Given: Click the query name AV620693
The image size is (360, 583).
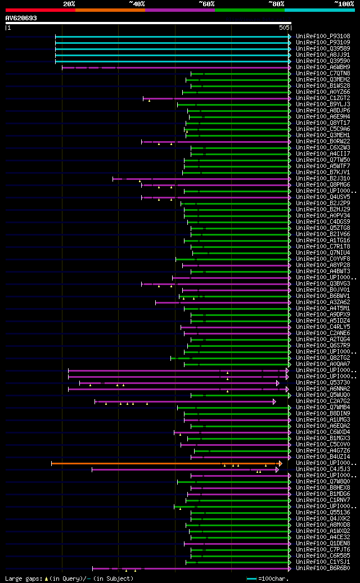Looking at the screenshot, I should pyautogui.click(x=21, y=18).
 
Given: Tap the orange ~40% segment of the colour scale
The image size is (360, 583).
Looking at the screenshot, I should pyautogui.click(x=110, y=10).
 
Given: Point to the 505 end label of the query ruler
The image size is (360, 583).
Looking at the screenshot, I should pyautogui.click(x=283, y=28).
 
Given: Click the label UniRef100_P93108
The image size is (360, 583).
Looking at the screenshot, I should pyautogui.click(x=323, y=36).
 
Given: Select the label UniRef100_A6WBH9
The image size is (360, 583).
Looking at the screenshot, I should pyautogui.click(x=323, y=67).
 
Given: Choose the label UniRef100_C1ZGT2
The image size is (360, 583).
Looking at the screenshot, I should pyautogui.click(x=323, y=98).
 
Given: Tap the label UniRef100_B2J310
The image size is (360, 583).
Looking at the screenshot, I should pyautogui.click(x=323, y=178).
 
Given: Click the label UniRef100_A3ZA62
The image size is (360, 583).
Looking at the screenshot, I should pyautogui.click(x=323, y=302).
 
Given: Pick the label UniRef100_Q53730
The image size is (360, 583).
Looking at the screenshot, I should pyautogui.click(x=323, y=382).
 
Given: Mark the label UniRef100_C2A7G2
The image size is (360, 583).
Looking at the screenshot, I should pyautogui.click(x=323, y=401).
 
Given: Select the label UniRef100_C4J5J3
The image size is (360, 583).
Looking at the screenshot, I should pyautogui.click(x=323, y=469).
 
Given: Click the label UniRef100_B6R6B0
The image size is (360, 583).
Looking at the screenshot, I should pyautogui.click(x=323, y=568).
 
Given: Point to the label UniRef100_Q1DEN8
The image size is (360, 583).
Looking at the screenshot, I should pyautogui.click(x=323, y=543).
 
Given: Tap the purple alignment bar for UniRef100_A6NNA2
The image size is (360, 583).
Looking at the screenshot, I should pyautogui.click(x=169, y=388).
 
